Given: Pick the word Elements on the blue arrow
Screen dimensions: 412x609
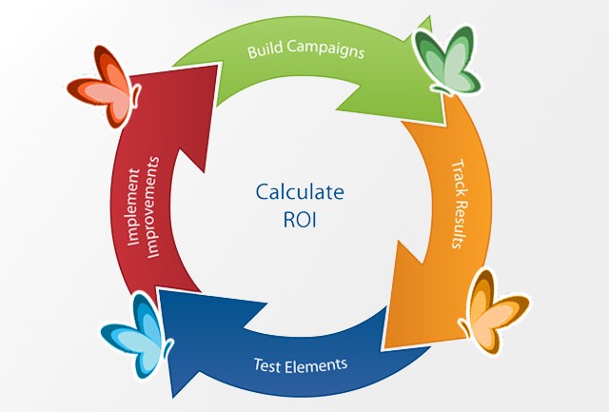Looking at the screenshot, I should (x=316, y=363).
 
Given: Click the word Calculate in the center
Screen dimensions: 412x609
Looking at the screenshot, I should (x=300, y=191).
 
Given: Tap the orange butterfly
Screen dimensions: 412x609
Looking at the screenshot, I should (x=495, y=310).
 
